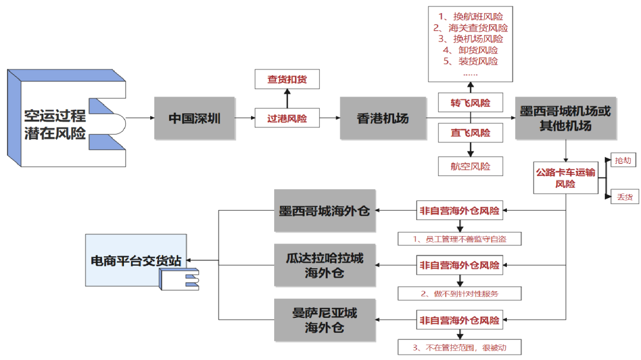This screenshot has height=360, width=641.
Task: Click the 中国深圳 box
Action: [194, 118]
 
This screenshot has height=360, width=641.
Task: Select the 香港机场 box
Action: [383, 118]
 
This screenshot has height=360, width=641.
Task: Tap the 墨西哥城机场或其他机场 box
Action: [564, 118]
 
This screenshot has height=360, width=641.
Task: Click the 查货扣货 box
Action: [287, 79]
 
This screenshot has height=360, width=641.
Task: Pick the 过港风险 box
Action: [287, 118]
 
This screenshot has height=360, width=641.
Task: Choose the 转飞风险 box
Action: [471, 103]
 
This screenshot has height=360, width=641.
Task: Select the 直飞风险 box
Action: [471, 133]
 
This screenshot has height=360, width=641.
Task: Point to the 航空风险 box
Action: [471, 166]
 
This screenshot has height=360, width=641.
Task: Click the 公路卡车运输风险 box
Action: [565, 178]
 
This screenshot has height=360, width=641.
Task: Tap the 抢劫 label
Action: [623, 161]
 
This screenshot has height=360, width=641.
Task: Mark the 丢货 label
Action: [624, 196]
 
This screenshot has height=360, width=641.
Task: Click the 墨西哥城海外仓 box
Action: [325, 211]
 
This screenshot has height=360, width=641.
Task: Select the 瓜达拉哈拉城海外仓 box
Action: [325, 265]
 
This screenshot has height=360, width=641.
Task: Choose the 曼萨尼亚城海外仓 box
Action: [325, 320]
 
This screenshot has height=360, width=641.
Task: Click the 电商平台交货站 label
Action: [136, 260]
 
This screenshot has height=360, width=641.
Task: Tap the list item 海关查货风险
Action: [471, 28]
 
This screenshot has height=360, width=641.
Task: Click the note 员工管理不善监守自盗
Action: [460, 239]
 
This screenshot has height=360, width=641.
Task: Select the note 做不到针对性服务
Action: [460, 293]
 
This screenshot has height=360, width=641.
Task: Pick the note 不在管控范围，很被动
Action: [460, 347]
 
